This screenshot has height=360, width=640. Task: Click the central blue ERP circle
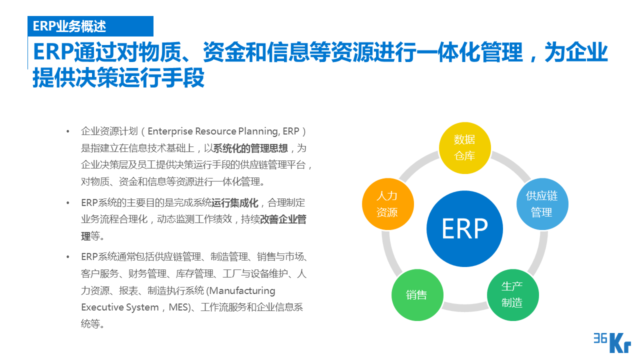464,229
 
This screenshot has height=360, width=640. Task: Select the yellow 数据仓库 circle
464,148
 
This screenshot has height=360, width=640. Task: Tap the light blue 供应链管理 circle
542,204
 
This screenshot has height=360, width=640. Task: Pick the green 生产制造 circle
512,294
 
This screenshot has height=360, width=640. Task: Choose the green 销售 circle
416,295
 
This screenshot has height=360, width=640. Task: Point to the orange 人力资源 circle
387,204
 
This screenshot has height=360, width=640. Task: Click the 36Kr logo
611,342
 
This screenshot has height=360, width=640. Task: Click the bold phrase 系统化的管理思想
250,148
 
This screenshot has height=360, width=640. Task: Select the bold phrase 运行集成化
235,203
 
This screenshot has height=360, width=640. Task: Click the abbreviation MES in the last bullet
178,307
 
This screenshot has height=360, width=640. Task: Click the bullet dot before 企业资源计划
67,131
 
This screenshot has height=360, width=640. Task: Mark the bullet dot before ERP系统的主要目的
67,203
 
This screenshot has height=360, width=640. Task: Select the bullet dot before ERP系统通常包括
67,257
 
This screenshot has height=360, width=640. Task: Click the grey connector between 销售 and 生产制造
464,306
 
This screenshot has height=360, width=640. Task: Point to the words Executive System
120,307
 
